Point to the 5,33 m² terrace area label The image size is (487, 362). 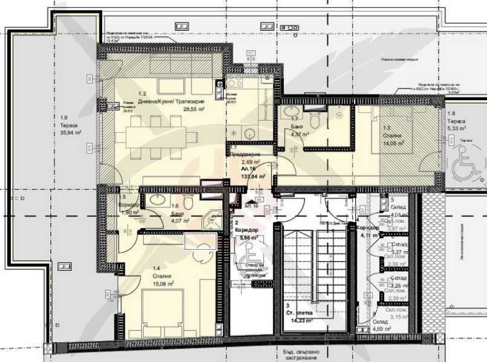click(456, 128)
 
